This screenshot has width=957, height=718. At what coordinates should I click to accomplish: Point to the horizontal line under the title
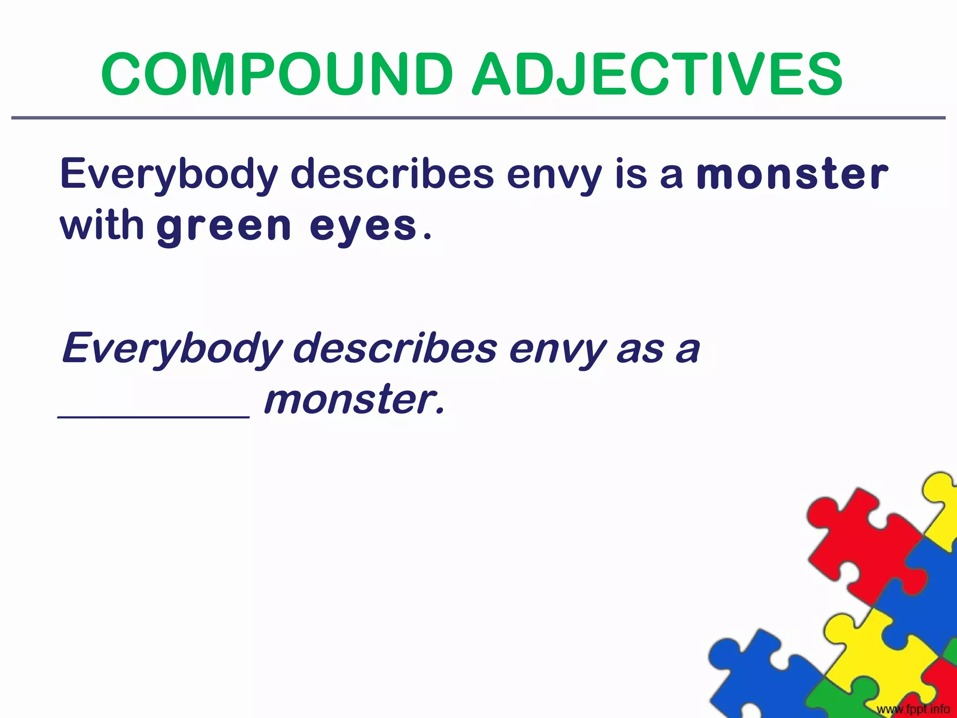click(478, 118)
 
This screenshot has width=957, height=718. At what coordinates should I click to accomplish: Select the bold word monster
click(792, 174)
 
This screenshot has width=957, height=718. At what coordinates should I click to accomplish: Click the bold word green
click(224, 227)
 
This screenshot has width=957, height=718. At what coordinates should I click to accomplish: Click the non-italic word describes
click(393, 174)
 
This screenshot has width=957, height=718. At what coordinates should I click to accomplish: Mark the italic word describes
click(395, 349)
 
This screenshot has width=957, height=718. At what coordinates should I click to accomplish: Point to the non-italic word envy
click(554, 176)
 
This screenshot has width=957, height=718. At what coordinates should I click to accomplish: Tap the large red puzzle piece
click(864, 547)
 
